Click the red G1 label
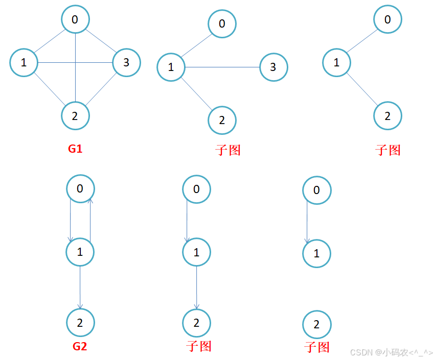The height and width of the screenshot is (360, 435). click(x=75, y=149)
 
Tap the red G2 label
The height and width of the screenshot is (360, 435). click(x=80, y=346)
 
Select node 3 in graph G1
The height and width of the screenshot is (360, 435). click(x=126, y=63)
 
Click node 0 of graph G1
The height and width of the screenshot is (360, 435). click(x=75, y=19)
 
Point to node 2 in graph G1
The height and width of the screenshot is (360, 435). click(x=75, y=115)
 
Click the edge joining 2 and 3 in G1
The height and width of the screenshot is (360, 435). click(x=101, y=89)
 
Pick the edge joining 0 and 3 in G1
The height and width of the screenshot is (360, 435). click(x=101, y=41)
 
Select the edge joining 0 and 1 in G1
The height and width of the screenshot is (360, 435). click(x=50, y=41)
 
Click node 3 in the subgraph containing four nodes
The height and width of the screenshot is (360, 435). click(x=273, y=67)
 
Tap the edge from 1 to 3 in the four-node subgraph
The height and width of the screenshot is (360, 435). click(x=222, y=67)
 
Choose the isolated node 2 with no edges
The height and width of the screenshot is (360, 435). click(x=316, y=324)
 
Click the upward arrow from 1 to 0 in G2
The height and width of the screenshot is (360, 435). click(x=90, y=220)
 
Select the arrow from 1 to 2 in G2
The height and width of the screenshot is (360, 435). click(x=80, y=287)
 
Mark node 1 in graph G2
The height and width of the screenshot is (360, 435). click(x=80, y=252)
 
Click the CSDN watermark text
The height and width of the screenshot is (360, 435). click(x=391, y=352)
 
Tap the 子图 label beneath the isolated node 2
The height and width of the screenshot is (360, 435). click(x=317, y=347)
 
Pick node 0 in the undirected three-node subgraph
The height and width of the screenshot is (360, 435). click(x=387, y=19)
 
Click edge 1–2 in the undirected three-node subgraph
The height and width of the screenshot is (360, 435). click(x=362, y=89)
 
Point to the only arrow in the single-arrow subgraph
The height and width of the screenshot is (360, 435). click(x=307, y=222)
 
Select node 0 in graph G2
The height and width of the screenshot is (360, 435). click(x=80, y=189)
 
